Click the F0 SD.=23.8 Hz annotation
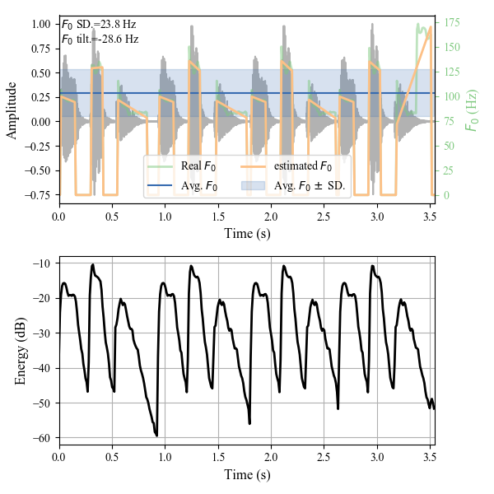100,25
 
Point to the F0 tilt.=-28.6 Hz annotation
100,39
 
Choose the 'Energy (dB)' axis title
21,352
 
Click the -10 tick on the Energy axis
41,263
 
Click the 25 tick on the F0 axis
448,170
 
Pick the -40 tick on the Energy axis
41,368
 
